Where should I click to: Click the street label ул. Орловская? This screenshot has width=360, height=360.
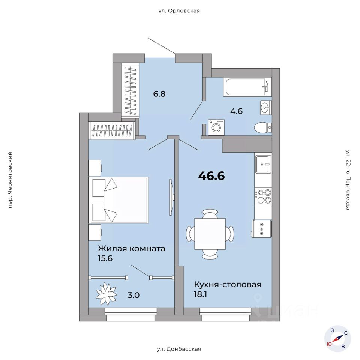(x=179, y=11)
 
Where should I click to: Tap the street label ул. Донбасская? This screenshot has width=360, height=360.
(x=179, y=349)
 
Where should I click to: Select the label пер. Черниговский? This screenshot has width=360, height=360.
(x=10, y=180)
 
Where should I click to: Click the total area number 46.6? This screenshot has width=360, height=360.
(x=211, y=176)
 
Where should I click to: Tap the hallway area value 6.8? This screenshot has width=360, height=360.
(x=159, y=94)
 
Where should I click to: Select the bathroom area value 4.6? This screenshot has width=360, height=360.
(x=236, y=111)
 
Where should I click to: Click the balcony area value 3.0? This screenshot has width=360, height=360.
(x=133, y=295)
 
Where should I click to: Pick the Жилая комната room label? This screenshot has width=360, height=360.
(x=131, y=249)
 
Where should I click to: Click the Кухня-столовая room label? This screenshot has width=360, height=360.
(x=227, y=285)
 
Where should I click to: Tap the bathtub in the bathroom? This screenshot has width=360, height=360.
(x=247, y=87)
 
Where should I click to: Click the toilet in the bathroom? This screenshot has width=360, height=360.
(x=262, y=128)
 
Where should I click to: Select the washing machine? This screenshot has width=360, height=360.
(x=216, y=127)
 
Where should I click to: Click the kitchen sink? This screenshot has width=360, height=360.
(x=263, y=164)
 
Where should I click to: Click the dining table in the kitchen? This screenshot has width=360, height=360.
(x=210, y=234)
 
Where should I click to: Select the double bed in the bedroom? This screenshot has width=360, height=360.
(x=119, y=200)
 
